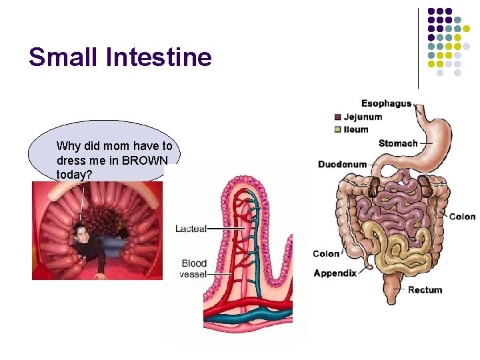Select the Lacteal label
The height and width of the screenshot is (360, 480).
191,229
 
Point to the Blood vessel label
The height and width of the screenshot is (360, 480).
193,269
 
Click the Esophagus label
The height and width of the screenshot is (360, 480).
386,103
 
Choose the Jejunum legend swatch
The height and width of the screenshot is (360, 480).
337,117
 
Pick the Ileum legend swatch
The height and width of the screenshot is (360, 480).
337,129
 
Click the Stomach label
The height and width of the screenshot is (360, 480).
398,143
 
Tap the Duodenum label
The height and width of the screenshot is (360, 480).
342,164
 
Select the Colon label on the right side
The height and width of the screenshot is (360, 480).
462,217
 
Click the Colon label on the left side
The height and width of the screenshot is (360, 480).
326,253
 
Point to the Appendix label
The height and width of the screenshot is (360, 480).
335,273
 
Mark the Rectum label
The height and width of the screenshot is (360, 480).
425,290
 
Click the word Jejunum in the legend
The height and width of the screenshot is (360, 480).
363,117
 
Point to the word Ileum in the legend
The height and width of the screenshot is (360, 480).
356,129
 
